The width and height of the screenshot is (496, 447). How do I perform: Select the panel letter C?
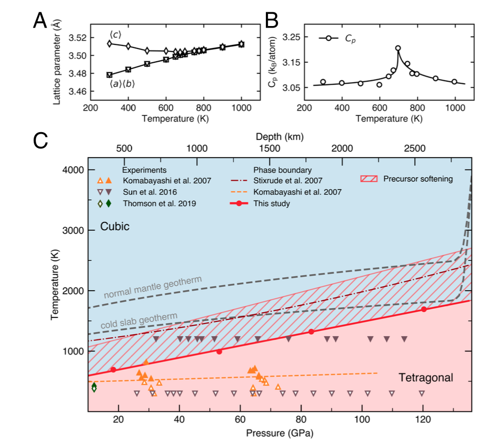point(41,141)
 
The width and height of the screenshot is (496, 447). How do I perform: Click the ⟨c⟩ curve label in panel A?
point(115,34)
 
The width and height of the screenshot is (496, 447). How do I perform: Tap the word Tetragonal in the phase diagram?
point(426,378)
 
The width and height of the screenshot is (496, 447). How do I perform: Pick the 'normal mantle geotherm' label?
point(153,287)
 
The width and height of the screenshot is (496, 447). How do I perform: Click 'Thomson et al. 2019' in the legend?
point(153,204)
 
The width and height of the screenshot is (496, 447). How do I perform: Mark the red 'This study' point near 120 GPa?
point(424,309)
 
